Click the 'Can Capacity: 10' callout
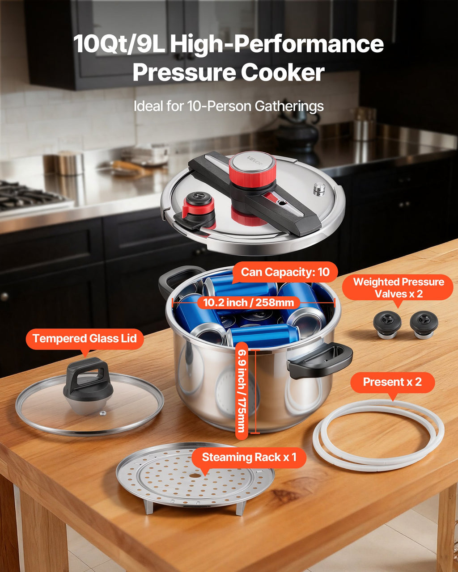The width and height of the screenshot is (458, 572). tap(285, 272)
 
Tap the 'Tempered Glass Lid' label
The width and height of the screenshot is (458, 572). tap(85, 339)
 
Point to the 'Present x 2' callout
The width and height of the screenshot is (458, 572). tap(393, 382)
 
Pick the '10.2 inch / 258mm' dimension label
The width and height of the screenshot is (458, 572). tap(249, 303)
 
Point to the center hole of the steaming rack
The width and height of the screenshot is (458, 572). tap(195, 475)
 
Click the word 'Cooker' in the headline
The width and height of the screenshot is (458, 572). tap(283, 72)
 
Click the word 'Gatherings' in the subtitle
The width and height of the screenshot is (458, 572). tap(289, 106)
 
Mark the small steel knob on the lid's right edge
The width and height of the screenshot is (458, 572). tap(319, 189)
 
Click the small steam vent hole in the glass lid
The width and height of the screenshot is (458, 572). tap(102, 413)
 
